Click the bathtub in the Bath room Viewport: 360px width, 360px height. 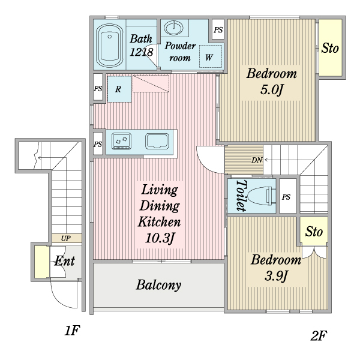[110, 46]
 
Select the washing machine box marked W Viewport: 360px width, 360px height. [209, 58]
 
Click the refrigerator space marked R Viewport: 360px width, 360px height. [119, 89]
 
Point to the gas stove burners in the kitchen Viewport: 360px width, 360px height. [121, 142]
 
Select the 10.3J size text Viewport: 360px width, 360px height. [159, 238]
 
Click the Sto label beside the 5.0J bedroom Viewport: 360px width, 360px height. [330, 48]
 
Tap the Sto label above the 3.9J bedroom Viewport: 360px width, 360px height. [314, 232]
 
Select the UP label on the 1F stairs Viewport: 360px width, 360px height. [64, 238]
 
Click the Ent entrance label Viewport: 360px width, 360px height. [65, 261]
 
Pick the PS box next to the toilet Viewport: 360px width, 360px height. [287, 197]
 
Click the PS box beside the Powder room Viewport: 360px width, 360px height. [218, 28]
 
